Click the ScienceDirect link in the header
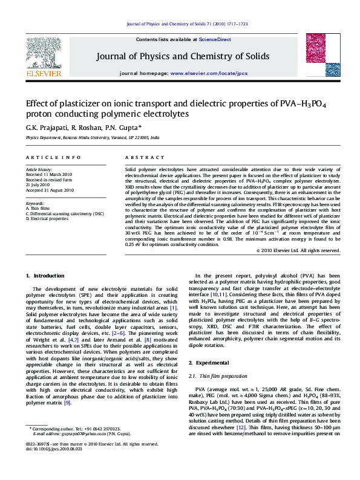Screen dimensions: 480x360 [216, 39]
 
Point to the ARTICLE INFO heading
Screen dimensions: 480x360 [53, 157]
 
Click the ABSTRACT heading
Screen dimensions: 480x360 [136, 157]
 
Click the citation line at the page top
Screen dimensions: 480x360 [188, 24]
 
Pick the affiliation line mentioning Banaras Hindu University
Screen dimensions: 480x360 [93, 137]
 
